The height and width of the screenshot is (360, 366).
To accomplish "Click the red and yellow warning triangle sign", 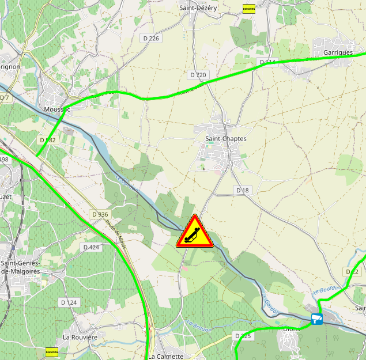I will pyautogui.click(x=195, y=233).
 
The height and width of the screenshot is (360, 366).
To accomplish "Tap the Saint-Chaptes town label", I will pyautogui.click(x=226, y=139).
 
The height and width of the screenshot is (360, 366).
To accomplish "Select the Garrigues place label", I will pyautogui.click(x=338, y=52).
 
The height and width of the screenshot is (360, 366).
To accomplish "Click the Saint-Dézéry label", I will pyautogui.click(x=198, y=8).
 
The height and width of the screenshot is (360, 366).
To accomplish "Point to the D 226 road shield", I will pyautogui.click(x=150, y=38).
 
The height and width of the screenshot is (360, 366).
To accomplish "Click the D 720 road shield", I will pyautogui.click(x=198, y=75).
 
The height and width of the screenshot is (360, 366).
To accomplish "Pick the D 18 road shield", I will pyautogui.click(x=243, y=190).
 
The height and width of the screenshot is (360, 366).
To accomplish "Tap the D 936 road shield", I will pyautogui.click(x=100, y=214).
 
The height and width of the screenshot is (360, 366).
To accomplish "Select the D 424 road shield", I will pyautogui.click(x=91, y=247).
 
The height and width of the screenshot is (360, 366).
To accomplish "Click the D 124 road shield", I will pyautogui.click(x=69, y=302).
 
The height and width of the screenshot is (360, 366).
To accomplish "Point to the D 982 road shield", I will pyautogui.click(x=48, y=140).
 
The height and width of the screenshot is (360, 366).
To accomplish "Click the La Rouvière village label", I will pyautogui.click(x=80, y=336).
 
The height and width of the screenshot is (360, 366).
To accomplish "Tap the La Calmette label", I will pyautogui.click(x=165, y=356).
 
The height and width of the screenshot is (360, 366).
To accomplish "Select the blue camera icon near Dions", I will pyautogui.click(x=316, y=319).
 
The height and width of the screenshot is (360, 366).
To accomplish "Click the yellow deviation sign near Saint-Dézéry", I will pyautogui.click(x=249, y=9).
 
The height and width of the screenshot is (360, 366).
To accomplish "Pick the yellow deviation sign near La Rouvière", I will pyautogui.click(x=52, y=351).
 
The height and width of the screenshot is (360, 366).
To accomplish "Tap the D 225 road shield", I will pyautogui.click(x=243, y=335).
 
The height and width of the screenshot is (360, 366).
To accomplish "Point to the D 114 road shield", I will pyautogui.click(x=267, y=62).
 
